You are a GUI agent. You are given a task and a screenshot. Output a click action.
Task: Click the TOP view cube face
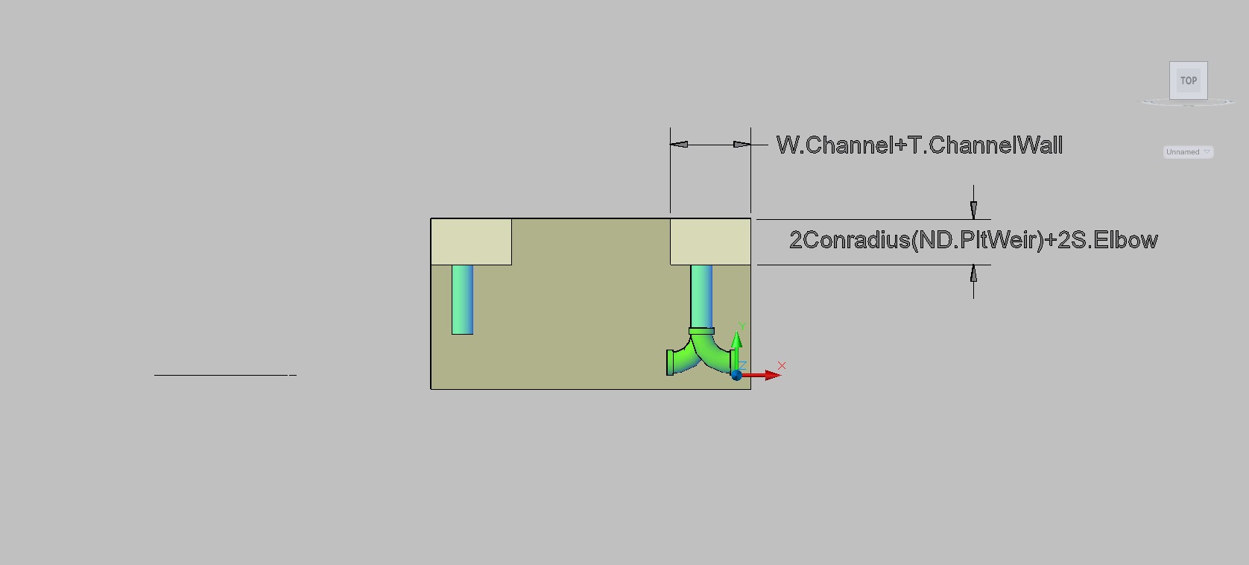tap(1188, 81)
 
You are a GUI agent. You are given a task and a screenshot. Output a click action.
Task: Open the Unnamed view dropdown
tap(1188, 152)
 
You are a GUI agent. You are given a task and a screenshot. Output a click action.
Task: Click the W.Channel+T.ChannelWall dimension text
tap(920, 145)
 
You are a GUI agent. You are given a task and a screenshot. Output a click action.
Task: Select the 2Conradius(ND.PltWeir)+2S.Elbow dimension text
tap(973, 240)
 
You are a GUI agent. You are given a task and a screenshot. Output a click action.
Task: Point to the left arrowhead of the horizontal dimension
tap(679, 145)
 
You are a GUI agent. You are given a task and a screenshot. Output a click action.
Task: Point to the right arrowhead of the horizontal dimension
tap(742, 145)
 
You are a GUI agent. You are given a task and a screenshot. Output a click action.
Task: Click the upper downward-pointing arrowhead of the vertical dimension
tap(973, 210)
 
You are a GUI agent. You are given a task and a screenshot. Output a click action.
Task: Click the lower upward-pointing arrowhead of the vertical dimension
tap(973, 274)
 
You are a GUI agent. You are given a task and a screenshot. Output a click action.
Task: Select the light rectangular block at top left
tap(471, 242)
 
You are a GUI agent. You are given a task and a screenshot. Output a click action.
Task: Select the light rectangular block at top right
tap(710, 242)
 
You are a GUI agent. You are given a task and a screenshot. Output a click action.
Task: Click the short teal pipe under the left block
tap(462, 300)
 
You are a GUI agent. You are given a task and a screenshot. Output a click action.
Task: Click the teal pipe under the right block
tap(701, 296)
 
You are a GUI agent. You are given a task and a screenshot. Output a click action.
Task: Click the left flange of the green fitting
tap(670, 362)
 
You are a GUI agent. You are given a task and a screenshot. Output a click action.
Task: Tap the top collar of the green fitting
tap(701, 331)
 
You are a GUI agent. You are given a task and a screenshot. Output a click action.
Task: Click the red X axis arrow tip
tap(781, 376)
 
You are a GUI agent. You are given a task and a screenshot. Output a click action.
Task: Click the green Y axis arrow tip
tap(736, 332)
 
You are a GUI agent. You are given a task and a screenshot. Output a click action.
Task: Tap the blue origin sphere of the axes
tap(736, 376)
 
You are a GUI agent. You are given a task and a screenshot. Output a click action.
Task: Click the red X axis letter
tap(782, 366)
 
